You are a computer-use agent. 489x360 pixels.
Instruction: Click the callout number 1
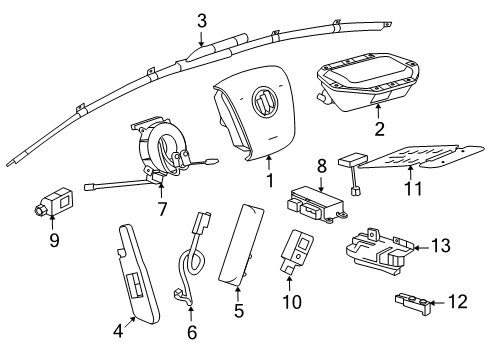coord(268,182)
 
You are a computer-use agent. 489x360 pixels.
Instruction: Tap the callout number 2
coord(378,129)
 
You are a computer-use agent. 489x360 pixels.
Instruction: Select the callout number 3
coord(201,19)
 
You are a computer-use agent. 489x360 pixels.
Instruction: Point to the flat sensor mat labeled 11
coord(410,159)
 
